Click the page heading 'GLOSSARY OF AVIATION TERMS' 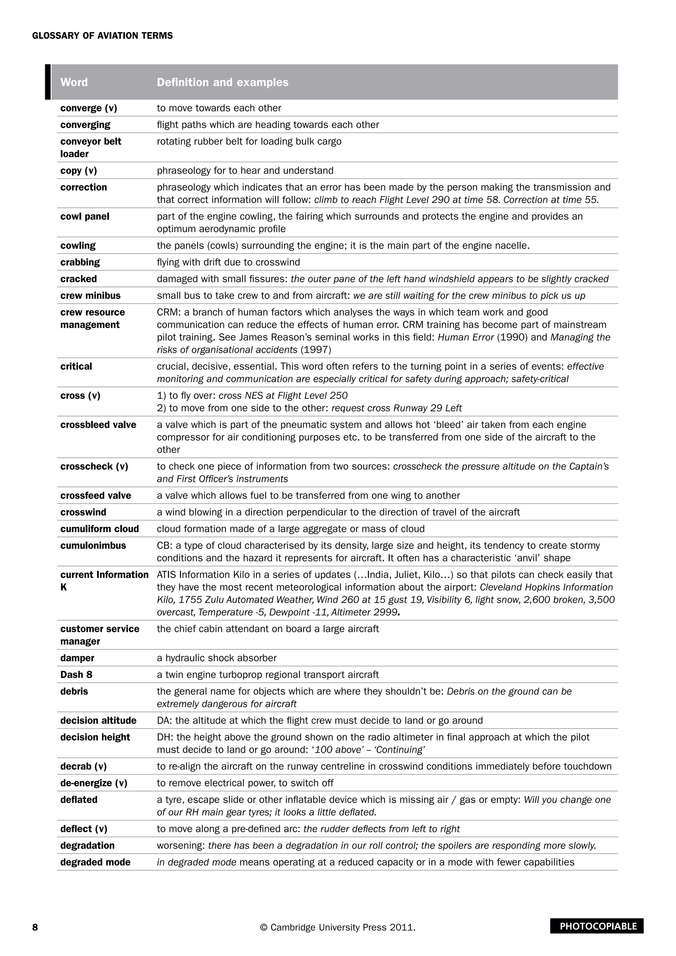coord(102,36)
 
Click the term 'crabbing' coord(80,262)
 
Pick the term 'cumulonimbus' coord(93,545)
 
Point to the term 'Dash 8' coord(76,674)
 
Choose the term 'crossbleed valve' coord(98,425)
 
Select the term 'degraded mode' coord(95,862)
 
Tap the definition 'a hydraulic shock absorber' coord(217,658)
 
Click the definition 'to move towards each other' coord(219,108)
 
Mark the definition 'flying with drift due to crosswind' coord(228,262)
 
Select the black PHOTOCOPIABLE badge coord(596,926)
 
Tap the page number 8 coord(35,927)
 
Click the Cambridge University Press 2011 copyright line coord(338,927)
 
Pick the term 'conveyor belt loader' coord(91,148)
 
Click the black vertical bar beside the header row coord(48,82)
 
